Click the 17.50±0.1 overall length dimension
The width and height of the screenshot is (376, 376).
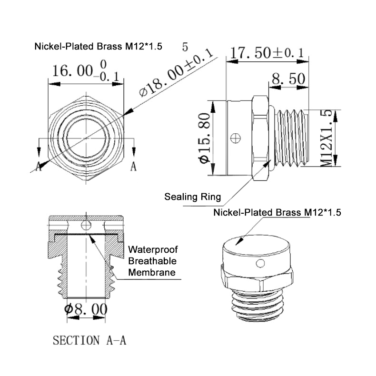pos(267,53)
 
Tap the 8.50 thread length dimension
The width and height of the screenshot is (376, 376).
pos(288,79)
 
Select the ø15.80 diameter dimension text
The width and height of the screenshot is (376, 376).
pos(205,138)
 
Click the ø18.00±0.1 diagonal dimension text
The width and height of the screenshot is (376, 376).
pos(176,73)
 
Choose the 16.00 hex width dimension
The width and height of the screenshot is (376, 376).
pos(86,71)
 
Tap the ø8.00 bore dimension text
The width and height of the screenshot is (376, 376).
pos(86,309)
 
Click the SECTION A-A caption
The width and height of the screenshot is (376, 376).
pos(89,340)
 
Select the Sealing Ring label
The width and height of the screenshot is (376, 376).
pos(193,197)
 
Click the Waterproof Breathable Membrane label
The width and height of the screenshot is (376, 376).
pos(153,261)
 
